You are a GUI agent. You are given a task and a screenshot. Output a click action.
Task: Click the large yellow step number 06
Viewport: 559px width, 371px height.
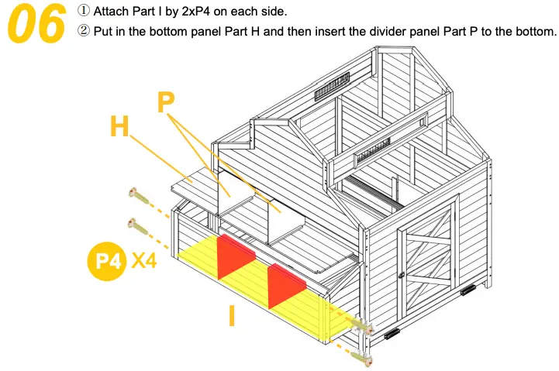(36, 24)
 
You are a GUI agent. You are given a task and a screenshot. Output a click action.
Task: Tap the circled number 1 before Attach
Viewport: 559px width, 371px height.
(84, 12)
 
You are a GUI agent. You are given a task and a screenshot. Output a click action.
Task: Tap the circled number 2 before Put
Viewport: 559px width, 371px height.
(84, 32)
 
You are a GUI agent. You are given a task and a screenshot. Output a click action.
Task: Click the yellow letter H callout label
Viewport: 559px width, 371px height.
(119, 126)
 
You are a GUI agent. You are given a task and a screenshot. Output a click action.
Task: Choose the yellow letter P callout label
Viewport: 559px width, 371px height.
(166, 101)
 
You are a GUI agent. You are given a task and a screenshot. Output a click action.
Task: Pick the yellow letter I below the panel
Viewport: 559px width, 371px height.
(231, 315)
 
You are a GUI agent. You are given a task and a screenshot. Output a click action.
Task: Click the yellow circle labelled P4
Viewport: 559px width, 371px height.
(106, 261)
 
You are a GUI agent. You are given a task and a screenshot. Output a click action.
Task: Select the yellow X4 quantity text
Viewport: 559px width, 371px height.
(144, 261)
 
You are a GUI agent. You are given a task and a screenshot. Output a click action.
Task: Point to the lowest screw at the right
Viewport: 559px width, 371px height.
(362, 357)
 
